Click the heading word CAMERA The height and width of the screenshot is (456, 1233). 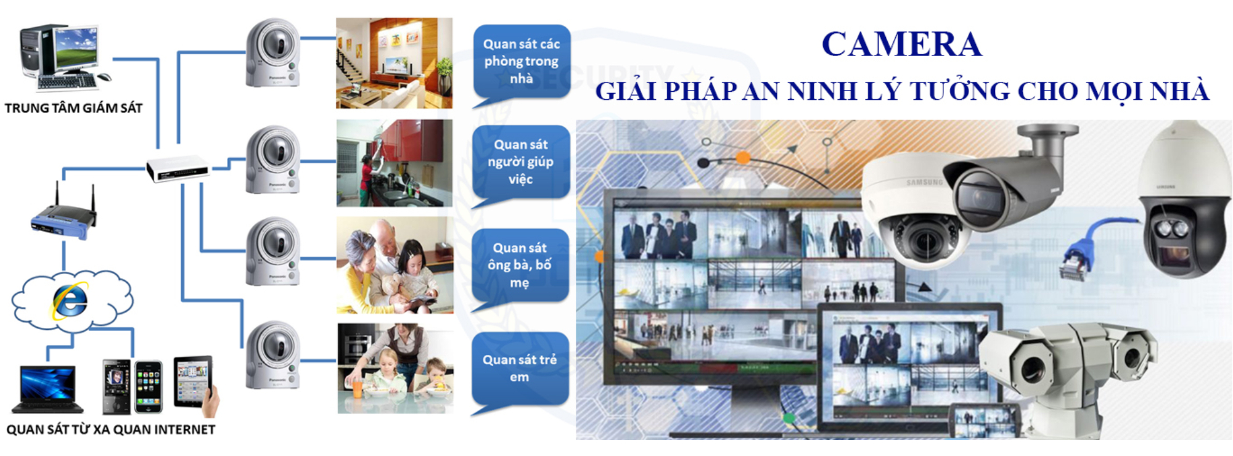(901, 44)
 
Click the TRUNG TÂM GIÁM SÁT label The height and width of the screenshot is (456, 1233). (73, 108)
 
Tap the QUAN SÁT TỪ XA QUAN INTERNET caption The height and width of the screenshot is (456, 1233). (111, 430)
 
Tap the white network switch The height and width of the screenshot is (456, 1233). (178, 168)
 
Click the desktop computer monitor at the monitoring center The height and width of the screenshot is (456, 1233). (76, 48)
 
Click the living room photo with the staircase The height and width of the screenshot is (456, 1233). (394, 63)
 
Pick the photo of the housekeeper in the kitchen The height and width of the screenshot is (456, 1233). (395, 163)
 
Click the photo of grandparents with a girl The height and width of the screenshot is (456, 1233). (395, 265)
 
